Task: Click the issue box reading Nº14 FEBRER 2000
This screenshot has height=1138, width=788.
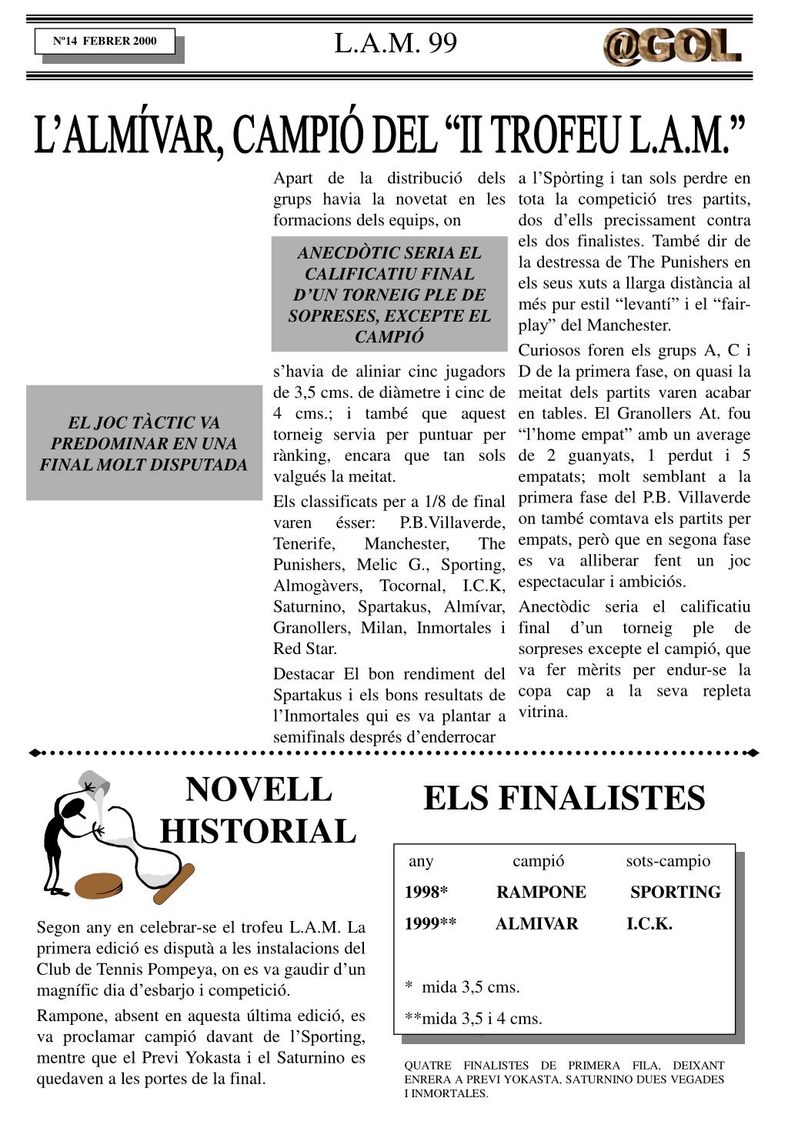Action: [105, 42]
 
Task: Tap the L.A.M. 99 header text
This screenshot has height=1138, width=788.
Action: [396, 43]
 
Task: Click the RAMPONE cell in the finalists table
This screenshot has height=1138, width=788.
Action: [541, 892]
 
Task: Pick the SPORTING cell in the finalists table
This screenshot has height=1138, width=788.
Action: [675, 892]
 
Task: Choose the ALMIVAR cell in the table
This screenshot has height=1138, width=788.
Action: [536, 923]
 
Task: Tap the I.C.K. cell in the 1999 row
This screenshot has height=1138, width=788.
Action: [649, 923]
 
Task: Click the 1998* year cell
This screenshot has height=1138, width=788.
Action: [426, 892]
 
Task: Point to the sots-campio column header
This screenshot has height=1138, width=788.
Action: [668, 860]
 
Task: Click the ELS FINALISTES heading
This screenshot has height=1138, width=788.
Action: [564, 798]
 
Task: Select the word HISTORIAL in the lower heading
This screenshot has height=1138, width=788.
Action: [258, 832]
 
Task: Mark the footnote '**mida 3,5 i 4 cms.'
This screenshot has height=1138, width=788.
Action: [473, 1019]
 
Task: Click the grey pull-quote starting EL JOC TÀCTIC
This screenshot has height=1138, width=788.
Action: [144, 443]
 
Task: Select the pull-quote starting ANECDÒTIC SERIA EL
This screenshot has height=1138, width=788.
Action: [389, 294]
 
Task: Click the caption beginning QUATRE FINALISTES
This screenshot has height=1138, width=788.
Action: [564, 1079]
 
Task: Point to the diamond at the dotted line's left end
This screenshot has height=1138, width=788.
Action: [34, 753]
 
